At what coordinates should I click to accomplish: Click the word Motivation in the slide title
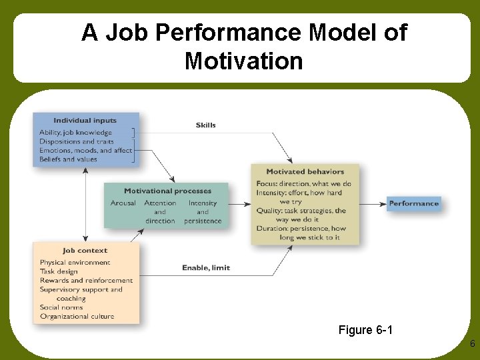[243, 62]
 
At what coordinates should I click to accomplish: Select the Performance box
[413, 203]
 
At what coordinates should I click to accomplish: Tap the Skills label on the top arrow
[205, 125]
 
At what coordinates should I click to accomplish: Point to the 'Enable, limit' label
[206, 268]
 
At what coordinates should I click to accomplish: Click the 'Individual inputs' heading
[85, 121]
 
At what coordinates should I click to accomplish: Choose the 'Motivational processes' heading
[167, 191]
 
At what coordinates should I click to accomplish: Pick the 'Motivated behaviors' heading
[305, 172]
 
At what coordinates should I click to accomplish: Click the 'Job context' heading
[85, 251]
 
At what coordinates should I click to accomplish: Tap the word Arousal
[123, 203]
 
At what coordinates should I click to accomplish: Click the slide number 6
[472, 344]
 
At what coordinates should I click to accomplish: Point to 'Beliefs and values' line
[68, 159]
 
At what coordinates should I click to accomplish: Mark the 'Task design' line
[59, 271]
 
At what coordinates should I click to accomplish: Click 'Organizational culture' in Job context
[77, 317]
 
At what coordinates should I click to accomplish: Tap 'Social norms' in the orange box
[61, 307]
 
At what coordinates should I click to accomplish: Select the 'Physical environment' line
[75, 263]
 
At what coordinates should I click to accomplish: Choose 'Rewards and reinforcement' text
[86, 281]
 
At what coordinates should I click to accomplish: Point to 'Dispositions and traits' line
[76, 141]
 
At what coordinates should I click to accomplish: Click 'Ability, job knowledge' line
[75, 133]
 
